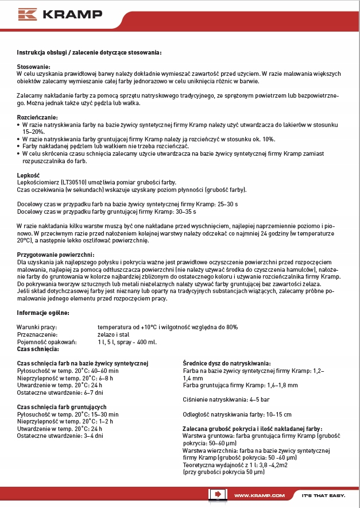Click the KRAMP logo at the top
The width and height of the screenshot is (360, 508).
52,14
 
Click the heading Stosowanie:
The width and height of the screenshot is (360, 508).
34,67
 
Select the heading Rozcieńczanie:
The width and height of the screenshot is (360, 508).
37,117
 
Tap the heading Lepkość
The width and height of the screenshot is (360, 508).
28,174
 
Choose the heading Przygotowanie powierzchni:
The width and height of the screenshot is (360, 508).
56,254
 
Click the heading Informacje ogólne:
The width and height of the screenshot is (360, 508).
43,313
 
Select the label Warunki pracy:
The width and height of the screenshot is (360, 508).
36,327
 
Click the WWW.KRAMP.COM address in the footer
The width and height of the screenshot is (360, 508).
260,495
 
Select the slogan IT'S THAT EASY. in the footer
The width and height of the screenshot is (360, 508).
323,495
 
